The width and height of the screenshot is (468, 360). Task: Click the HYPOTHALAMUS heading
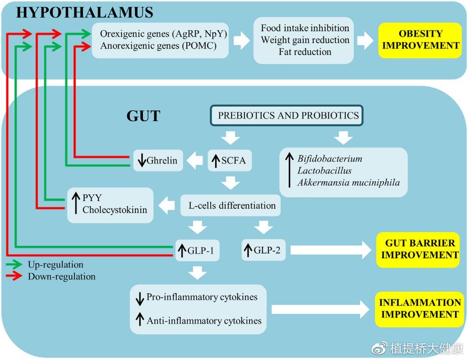(x=85, y=12)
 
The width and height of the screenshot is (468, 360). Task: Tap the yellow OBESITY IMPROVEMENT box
(x=420, y=40)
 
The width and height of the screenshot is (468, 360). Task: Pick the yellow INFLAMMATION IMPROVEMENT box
(x=420, y=309)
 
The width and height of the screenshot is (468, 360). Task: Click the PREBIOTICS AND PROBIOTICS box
(x=288, y=116)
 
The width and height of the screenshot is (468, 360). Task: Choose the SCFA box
(x=228, y=160)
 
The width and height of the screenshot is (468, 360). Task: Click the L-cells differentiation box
(x=232, y=205)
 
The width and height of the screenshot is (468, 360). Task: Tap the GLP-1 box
(x=197, y=250)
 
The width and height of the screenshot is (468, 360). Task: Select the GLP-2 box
(x=263, y=250)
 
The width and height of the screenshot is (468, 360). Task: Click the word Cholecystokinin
(x=114, y=210)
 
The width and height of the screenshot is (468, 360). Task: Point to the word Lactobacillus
(x=325, y=170)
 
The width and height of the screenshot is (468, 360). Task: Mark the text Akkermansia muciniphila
(x=349, y=182)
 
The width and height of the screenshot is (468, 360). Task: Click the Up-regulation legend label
(x=55, y=265)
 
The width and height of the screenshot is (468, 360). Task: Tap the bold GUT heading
(x=143, y=116)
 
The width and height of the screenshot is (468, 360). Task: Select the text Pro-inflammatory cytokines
(x=202, y=297)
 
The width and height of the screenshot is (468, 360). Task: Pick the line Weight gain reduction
(x=305, y=40)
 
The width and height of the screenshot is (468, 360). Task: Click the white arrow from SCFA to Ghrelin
(x=194, y=160)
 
